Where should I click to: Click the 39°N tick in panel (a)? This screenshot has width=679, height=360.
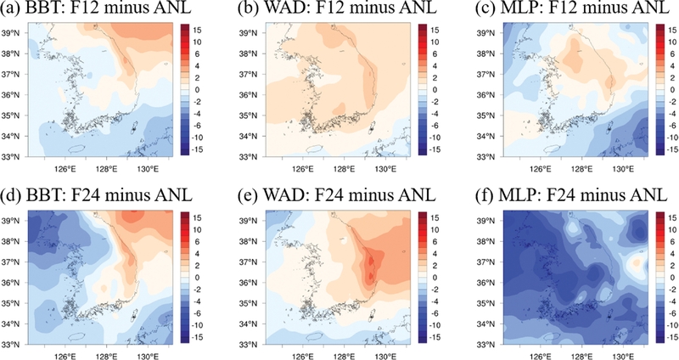point(12,32)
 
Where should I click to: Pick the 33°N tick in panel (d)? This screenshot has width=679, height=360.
point(12,344)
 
